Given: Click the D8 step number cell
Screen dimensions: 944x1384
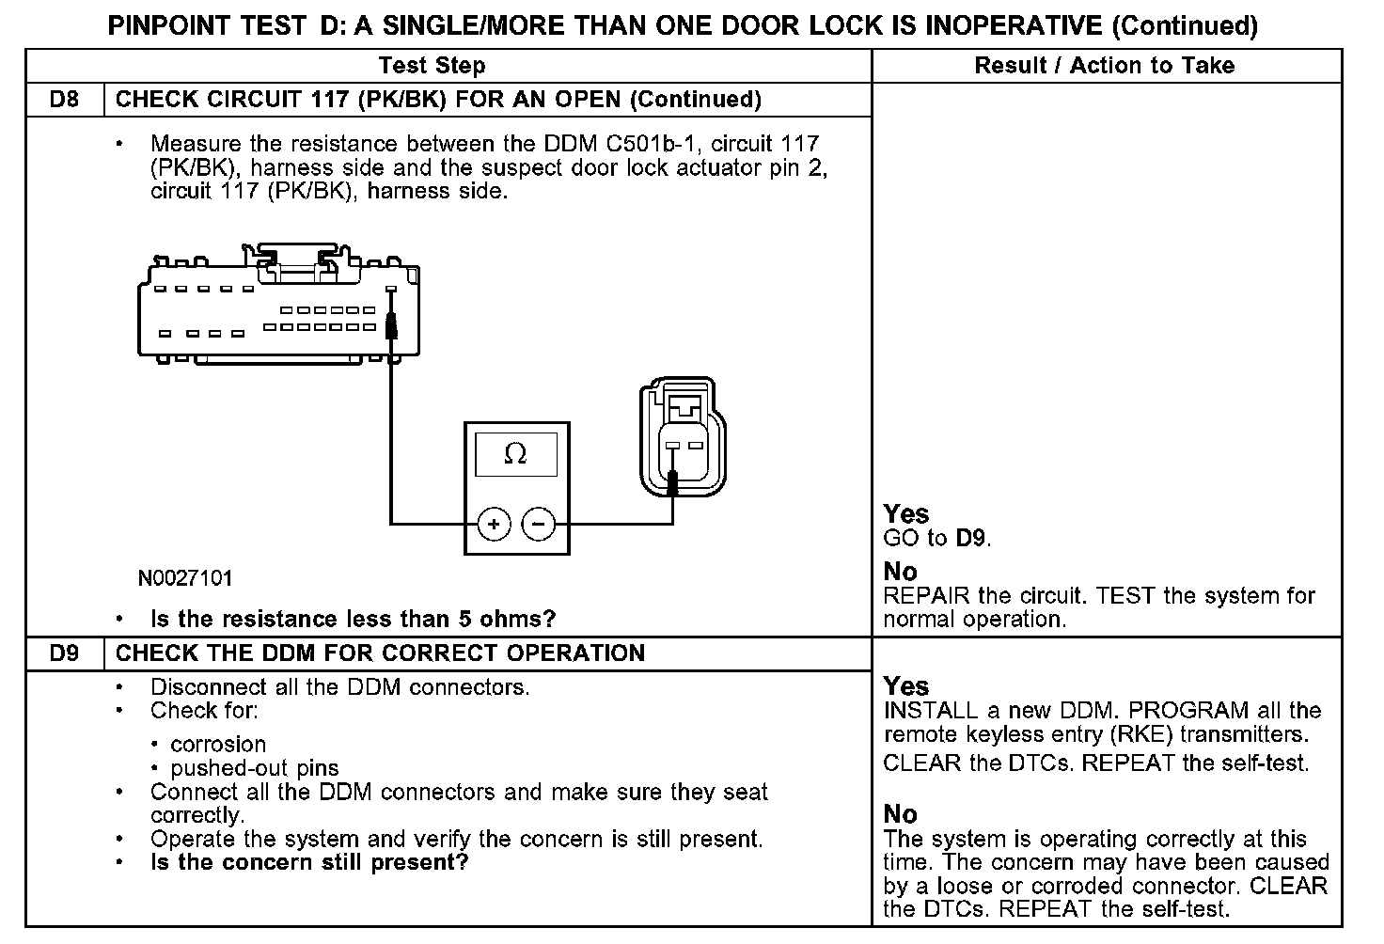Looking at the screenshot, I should tap(64, 100).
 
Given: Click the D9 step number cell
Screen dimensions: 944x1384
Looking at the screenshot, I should tap(64, 653).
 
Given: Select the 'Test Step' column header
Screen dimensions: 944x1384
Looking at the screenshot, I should tap(432, 66).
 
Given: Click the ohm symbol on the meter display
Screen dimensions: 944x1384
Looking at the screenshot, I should tap(515, 455).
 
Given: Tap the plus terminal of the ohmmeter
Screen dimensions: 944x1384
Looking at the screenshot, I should tap(494, 524).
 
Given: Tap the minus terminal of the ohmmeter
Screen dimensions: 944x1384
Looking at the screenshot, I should tap(539, 524).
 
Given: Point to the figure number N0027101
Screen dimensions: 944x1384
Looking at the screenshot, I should tap(185, 578).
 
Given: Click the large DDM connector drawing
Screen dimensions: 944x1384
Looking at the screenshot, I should tap(280, 306).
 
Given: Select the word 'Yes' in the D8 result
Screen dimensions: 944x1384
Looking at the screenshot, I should tap(906, 514).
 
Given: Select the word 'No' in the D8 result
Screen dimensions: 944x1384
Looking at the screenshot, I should tap(900, 572).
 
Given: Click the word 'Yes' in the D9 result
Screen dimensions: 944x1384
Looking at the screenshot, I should tap(906, 686).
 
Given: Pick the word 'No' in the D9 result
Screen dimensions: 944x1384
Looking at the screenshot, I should tap(900, 814).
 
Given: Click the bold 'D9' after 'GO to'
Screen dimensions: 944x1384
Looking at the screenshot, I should tap(972, 539).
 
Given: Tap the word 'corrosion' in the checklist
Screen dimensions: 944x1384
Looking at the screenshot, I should tap(218, 745).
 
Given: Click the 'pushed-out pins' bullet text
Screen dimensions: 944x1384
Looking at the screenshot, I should tap(254, 768).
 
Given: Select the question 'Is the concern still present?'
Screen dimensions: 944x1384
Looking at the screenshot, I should tap(309, 862).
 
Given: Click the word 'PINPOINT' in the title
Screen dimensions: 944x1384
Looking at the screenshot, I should tap(168, 25).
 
